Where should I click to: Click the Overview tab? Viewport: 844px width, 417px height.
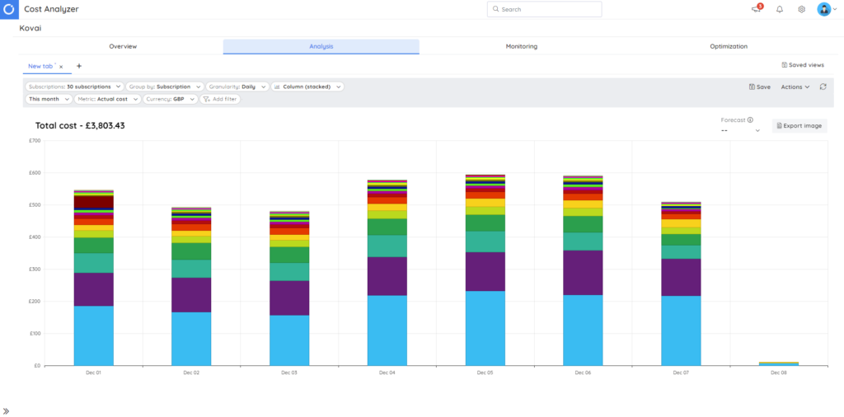123,46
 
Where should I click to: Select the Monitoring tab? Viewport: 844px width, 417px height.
521,46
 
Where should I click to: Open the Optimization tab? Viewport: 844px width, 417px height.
729,46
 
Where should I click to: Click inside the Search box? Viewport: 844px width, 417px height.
544,9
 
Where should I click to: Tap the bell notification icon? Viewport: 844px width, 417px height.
780,9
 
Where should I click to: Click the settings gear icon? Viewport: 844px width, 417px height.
801,9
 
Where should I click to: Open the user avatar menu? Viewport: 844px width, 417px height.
825,9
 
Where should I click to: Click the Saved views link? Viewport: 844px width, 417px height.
802,65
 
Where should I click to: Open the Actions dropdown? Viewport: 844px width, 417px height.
795,87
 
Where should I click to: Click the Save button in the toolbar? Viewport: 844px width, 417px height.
760,87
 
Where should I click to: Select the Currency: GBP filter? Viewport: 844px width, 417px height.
170,99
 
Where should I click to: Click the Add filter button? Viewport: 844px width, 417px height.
221,99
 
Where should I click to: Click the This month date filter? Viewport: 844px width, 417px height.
47,99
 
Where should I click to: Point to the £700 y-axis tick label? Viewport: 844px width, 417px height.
34,140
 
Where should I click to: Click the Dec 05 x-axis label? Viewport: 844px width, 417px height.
485,372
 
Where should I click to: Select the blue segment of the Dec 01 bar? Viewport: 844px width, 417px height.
94,335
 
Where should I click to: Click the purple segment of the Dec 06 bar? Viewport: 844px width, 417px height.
583,273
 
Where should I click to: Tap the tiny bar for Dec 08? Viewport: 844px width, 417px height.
779,363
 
